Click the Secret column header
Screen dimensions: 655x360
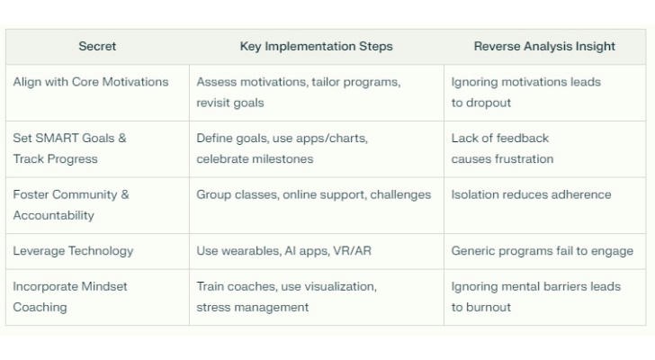point(97,46)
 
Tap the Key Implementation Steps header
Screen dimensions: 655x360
point(316,47)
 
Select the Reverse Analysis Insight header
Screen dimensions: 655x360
point(544,47)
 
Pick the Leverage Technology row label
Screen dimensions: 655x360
point(73,251)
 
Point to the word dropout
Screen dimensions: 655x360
point(489,103)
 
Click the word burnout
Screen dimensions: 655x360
point(489,308)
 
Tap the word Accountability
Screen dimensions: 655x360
point(53,215)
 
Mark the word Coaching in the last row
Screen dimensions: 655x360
point(40,308)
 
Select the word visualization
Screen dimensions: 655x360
point(340,286)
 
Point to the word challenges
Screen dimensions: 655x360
point(400,195)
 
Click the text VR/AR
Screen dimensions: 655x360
point(352,251)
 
